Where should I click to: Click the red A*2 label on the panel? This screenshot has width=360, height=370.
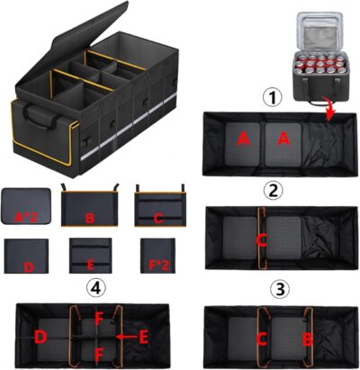point(24,216)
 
